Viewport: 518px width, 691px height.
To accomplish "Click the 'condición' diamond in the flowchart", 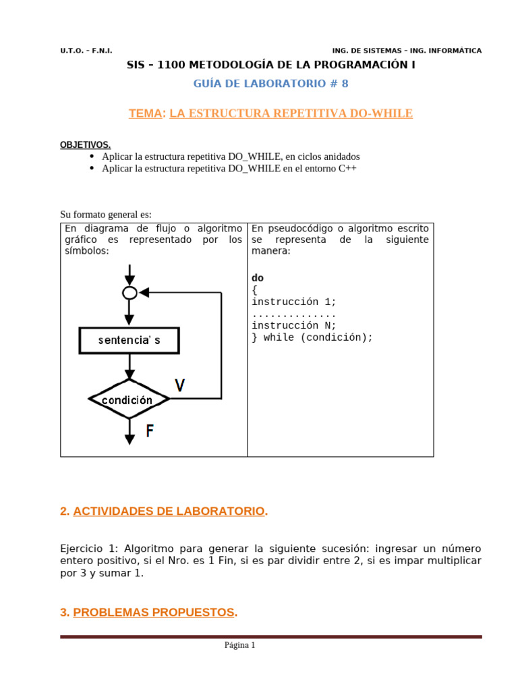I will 128,399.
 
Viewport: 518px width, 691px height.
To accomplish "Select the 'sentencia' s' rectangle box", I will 129,341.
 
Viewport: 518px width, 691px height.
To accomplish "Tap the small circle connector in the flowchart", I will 129,293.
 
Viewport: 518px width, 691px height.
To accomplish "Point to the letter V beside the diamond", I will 180,385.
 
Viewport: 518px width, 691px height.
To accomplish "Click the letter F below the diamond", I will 150,431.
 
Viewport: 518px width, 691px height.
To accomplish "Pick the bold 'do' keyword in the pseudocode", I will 258,278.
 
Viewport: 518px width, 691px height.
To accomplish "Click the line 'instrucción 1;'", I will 293,302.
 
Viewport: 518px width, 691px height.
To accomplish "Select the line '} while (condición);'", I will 312,337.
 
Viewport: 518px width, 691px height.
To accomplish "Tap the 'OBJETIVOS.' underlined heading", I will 85,145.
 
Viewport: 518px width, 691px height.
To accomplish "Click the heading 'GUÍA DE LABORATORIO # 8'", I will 270,84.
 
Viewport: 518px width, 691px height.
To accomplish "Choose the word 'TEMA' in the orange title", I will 146,113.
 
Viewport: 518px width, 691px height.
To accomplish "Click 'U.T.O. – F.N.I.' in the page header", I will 86,51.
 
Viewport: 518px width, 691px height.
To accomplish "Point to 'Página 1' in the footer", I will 240,645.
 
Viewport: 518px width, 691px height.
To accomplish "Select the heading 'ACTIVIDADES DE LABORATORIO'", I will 169,512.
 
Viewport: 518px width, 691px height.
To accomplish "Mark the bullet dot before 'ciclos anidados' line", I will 92,156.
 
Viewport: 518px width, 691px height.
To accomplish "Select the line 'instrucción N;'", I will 293,325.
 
